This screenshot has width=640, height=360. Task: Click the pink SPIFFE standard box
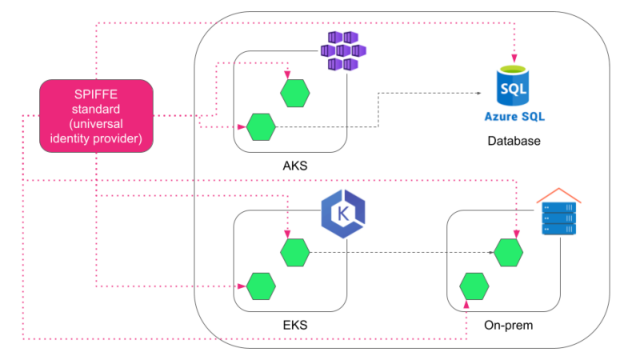[x=97, y=116]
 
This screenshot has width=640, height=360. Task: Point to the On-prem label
[x=508, y=326]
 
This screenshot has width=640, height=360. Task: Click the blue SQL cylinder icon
[x=513, y=85]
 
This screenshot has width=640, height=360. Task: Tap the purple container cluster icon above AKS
[x=343, y=51]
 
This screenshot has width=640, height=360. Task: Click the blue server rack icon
[x=558, y=218]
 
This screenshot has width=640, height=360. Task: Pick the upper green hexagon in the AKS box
[x=295, y=93]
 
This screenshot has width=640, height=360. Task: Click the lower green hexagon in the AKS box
[x=261, y=126]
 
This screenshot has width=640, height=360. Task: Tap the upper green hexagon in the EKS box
[x=295, y=253]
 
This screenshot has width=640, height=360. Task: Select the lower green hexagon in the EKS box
[x=261, y=285]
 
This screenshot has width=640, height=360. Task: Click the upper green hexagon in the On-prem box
[x=508, y=253]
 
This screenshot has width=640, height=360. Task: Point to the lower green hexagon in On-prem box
[x=474, y=285]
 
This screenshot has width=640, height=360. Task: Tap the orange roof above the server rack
[x=558, y=195]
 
